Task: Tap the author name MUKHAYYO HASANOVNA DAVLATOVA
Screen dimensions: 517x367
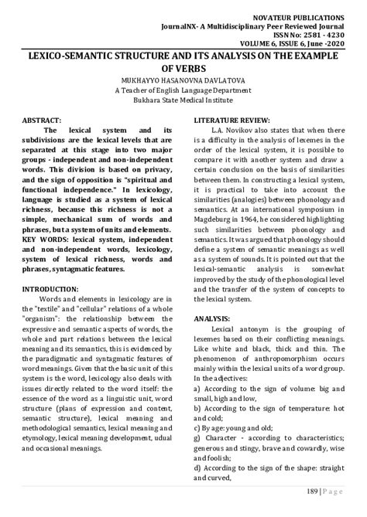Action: pos(183,80)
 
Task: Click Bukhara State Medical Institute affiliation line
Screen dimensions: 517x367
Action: pos(183,101)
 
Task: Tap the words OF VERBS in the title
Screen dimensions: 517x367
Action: pos(183,68)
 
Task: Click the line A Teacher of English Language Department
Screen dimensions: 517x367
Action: pos(183,90)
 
